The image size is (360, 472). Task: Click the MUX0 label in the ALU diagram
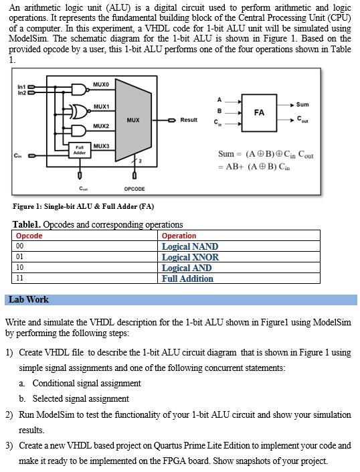(101, 84)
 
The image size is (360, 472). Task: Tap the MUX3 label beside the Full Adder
(101, 146)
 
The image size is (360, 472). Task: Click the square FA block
(259, 112)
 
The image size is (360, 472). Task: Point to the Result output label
(189, 120)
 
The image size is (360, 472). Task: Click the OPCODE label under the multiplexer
(134, 189)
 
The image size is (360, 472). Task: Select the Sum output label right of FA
(302, 104)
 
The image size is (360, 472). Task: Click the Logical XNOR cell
(190, 257)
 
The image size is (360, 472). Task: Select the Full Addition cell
(187, 279)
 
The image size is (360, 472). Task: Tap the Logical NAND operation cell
(190, 246)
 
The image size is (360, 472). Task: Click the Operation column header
(179, 236)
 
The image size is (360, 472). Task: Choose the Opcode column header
(29, 236)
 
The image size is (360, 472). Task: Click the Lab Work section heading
(29, 300)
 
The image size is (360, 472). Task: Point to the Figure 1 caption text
(83, 207)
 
